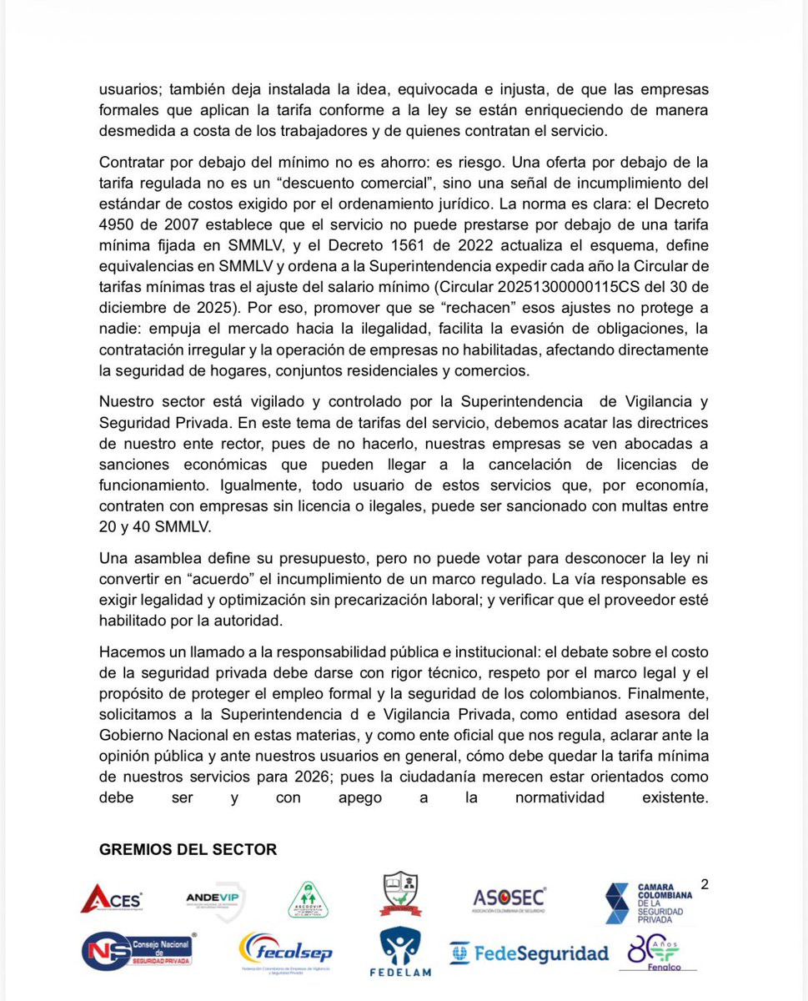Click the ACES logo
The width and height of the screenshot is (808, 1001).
(x=112, y=898)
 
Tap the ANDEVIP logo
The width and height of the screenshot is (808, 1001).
(x=216, y=899)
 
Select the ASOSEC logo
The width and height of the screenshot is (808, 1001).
(x=509, y=898)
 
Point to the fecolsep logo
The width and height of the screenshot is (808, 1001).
(x=285, y=953)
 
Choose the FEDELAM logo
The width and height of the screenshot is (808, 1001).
(x=400, y=952)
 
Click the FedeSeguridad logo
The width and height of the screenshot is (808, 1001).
(x=529, y=953)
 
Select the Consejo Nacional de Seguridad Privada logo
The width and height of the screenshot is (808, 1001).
(x=138, y=951)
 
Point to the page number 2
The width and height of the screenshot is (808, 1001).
(x=705, y=884)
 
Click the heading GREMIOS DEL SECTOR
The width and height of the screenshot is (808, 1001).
(x=188, y=849)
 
